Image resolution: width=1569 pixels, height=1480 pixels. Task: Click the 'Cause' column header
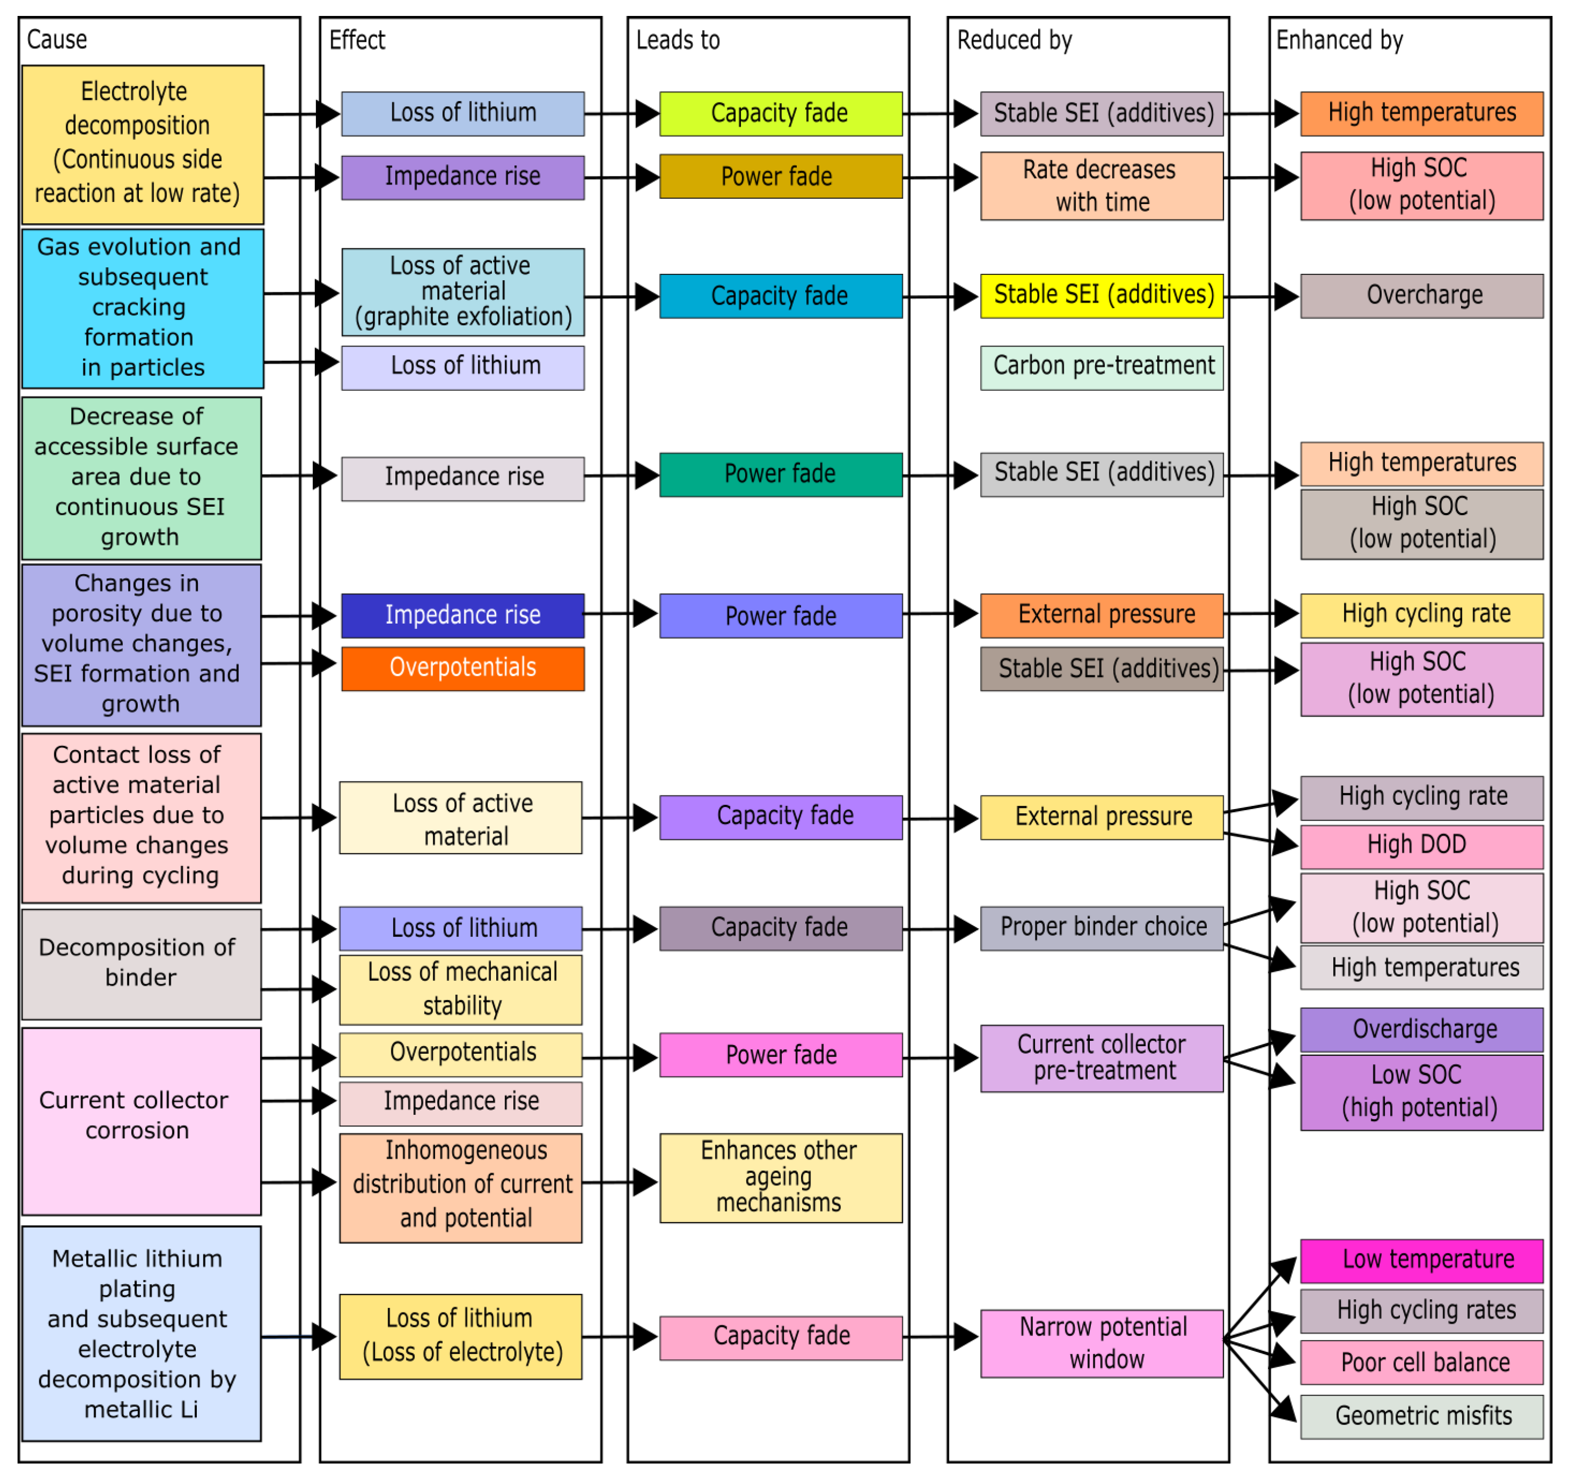tap(57, 39)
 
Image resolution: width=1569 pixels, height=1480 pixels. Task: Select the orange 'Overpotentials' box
tap(463, 669)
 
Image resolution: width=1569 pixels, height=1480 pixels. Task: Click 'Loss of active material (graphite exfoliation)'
tap(463, 292)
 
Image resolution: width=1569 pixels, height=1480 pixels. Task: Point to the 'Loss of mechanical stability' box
tap(462, 990)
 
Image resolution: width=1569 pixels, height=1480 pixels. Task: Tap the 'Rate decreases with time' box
tap(1103, 186)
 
